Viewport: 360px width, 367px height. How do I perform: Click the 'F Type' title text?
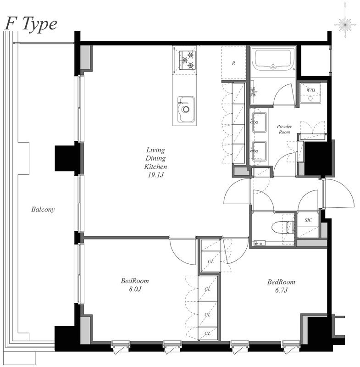pyautogui.click(x=31, y=25)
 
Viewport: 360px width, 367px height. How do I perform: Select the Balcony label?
pyautogui.click(x=43, y=209)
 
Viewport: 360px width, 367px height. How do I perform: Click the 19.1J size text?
pyautogui.click(x=155, y=175)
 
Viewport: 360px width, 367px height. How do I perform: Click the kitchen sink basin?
pyautogui.click(x=186, y=109)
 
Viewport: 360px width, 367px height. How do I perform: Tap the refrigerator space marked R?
pyautogui.click(x=233, y=63)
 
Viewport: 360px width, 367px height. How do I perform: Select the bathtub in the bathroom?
pyautogui.click(x=273, y=60)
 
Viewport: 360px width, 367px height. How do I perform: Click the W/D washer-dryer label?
pyautogui.click(x=310, y=90)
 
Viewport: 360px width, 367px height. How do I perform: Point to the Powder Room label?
pyautogui.click(x=284, y=129)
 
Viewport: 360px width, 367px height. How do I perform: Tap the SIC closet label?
pyautogui.click(x=308, y=220)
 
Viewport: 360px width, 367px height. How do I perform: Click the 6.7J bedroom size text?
pyautogui.click(x=281, y=290)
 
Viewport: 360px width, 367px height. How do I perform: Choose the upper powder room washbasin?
pyautogui.click(x=259, y=122)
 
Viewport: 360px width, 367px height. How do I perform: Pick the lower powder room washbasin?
pyautogui.click(x=259, y=151)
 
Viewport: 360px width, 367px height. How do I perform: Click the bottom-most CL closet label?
pyautogui.click(x=207, y=334)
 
